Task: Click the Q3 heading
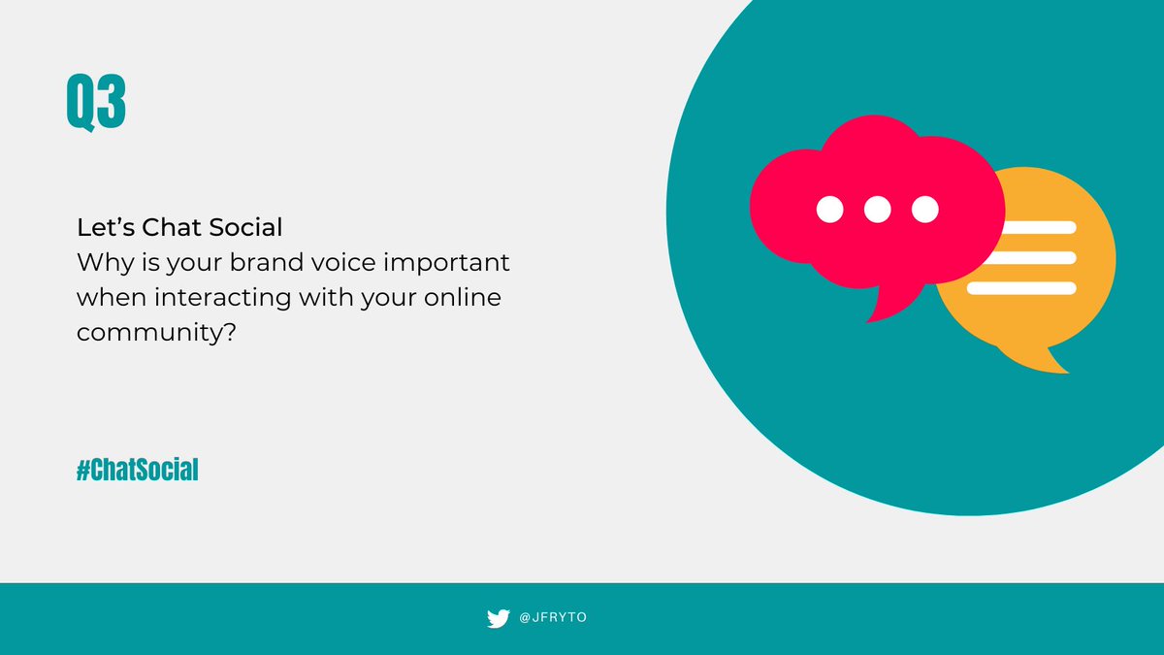96,103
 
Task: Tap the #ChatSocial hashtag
138,472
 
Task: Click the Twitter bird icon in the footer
498,618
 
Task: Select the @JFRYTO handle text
553,618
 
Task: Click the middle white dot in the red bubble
877,209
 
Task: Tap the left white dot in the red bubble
829,209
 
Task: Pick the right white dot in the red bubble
925,209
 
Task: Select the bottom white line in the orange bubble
1021,288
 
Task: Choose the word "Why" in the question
100,263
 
